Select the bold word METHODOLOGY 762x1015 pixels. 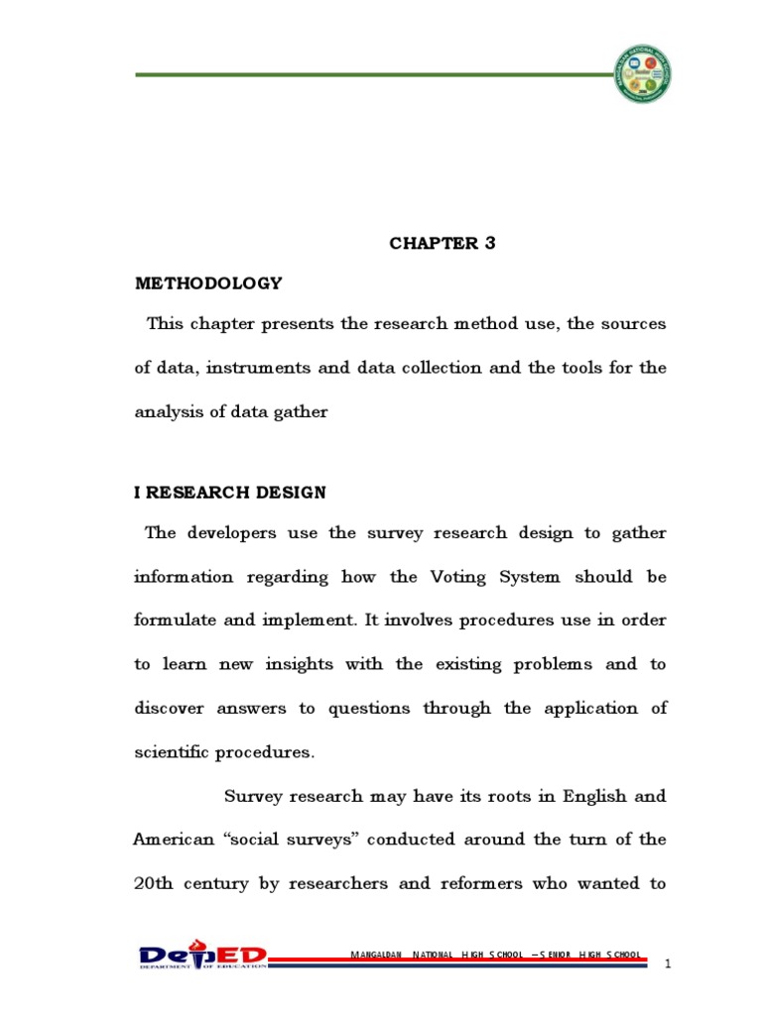click(x=208, y=283)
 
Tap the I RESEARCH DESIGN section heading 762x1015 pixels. click(x=230, y=493)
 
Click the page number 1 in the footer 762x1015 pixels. click(x=668, y=963)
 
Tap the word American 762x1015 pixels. click(x=174, y=839)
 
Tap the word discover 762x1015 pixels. click(x=170, y=708)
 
